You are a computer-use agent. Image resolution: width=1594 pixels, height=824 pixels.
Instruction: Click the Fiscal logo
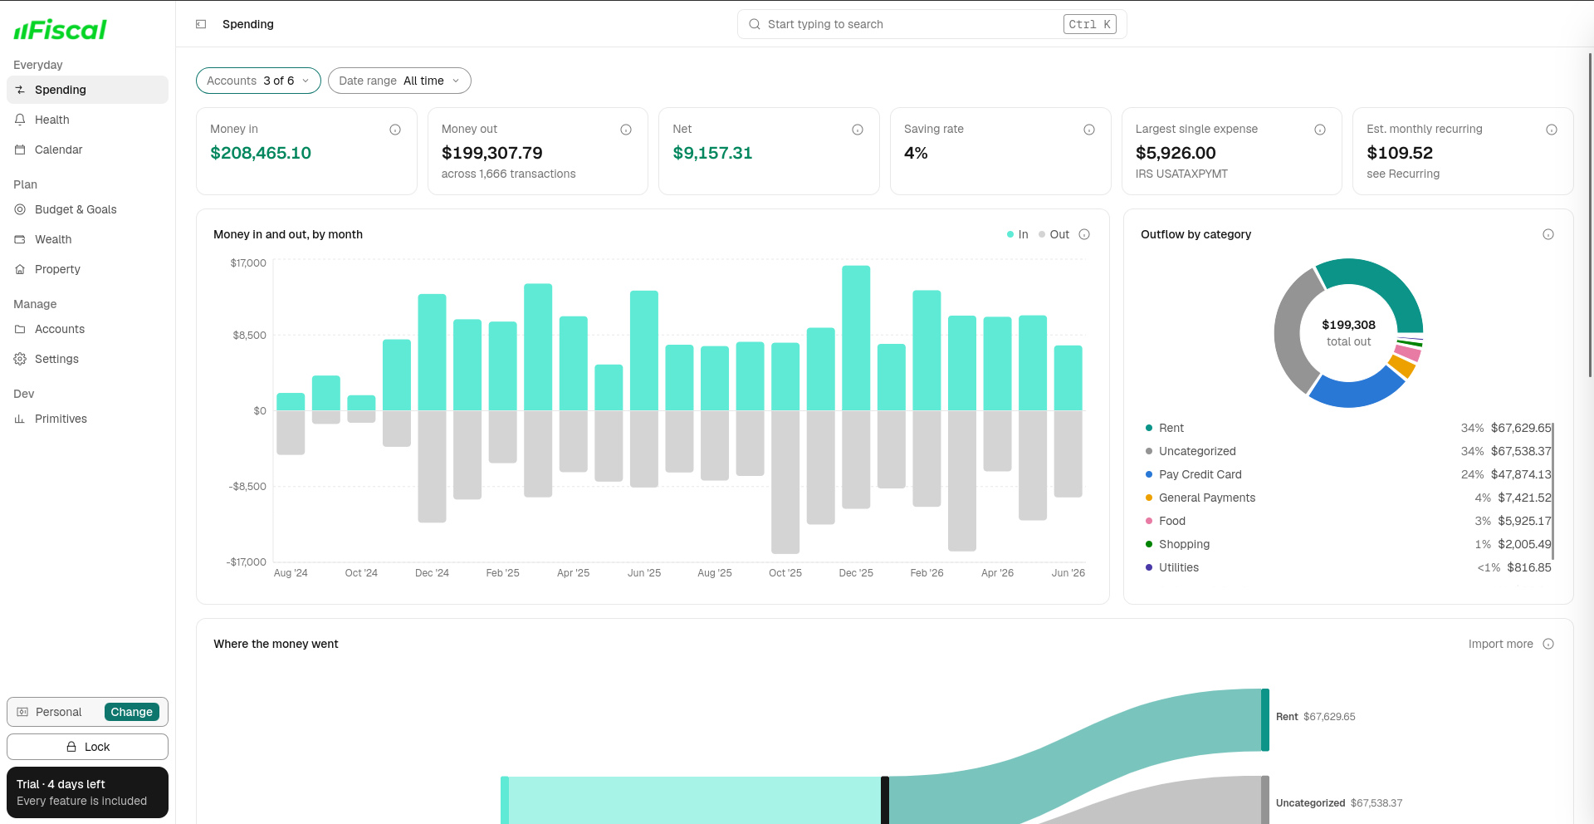(60, 30)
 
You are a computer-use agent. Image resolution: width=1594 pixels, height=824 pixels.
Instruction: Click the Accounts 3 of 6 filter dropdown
(258, 81)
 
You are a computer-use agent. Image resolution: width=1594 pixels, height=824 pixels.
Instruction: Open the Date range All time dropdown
(399, 81)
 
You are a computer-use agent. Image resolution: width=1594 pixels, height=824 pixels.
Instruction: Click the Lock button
(87, 747)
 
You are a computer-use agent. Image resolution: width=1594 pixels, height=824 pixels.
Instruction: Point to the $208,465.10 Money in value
(261, 153)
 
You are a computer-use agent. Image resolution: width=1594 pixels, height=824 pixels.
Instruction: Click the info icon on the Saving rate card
(1089, 130)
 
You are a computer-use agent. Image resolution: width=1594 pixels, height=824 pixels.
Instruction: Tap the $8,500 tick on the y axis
(249, 336)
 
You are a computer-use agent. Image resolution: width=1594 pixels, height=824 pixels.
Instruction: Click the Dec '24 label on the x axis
(432, 573)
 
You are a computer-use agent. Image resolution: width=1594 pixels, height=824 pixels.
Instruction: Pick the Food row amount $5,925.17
(1524, 521)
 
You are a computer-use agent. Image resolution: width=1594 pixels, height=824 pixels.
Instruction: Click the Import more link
(1500, 644)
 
